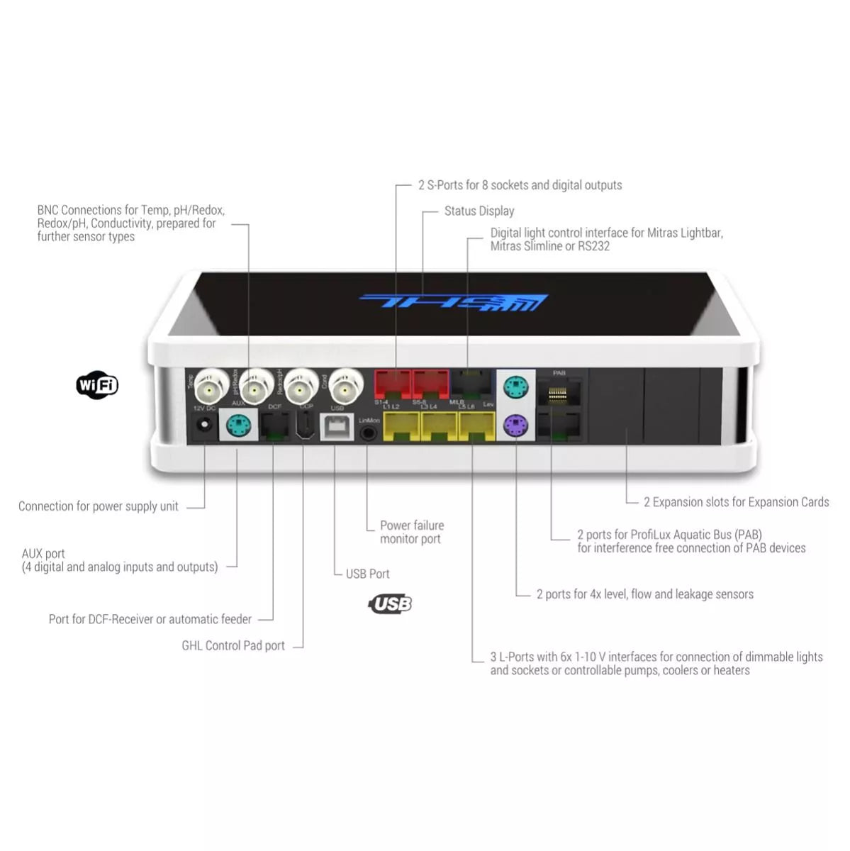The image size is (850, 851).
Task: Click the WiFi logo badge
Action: click(x=97, y=385)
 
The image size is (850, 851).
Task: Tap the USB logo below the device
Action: click(x=391, y=604)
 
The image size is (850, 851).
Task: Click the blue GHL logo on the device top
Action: click(x=454, y=303)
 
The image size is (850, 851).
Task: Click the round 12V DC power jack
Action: click(x=204, y=425)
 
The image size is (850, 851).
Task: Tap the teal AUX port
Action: click(x=238, y=426)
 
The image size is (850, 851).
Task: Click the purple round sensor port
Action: click(x=515, y=425)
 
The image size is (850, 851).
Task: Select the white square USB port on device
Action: click(x=337, y=427)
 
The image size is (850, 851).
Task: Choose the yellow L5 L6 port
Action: click(x=476, y=427)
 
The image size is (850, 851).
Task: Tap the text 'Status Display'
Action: click(x=479, y=211)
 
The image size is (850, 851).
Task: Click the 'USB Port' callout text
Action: click(x=367, y=574)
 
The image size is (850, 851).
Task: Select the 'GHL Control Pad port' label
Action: click(x=233, y=646)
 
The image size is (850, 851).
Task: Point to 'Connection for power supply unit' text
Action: click(x=99, y=506)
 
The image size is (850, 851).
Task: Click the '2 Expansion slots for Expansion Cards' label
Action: click(x=736, y=502)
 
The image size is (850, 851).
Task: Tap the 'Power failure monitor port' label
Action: click(x=412, y=532)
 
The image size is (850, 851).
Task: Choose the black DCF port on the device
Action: click(x=274, y=426)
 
